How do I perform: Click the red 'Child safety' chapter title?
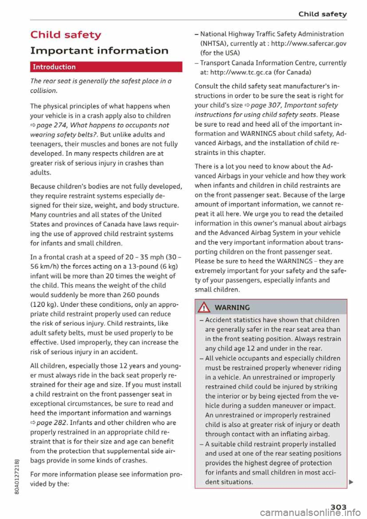66,35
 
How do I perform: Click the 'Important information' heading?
99,50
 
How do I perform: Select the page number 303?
339,507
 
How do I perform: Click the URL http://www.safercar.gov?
309,43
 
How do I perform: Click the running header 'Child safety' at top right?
323,14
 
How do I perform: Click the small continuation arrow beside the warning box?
351,482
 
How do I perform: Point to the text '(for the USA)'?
220,53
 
